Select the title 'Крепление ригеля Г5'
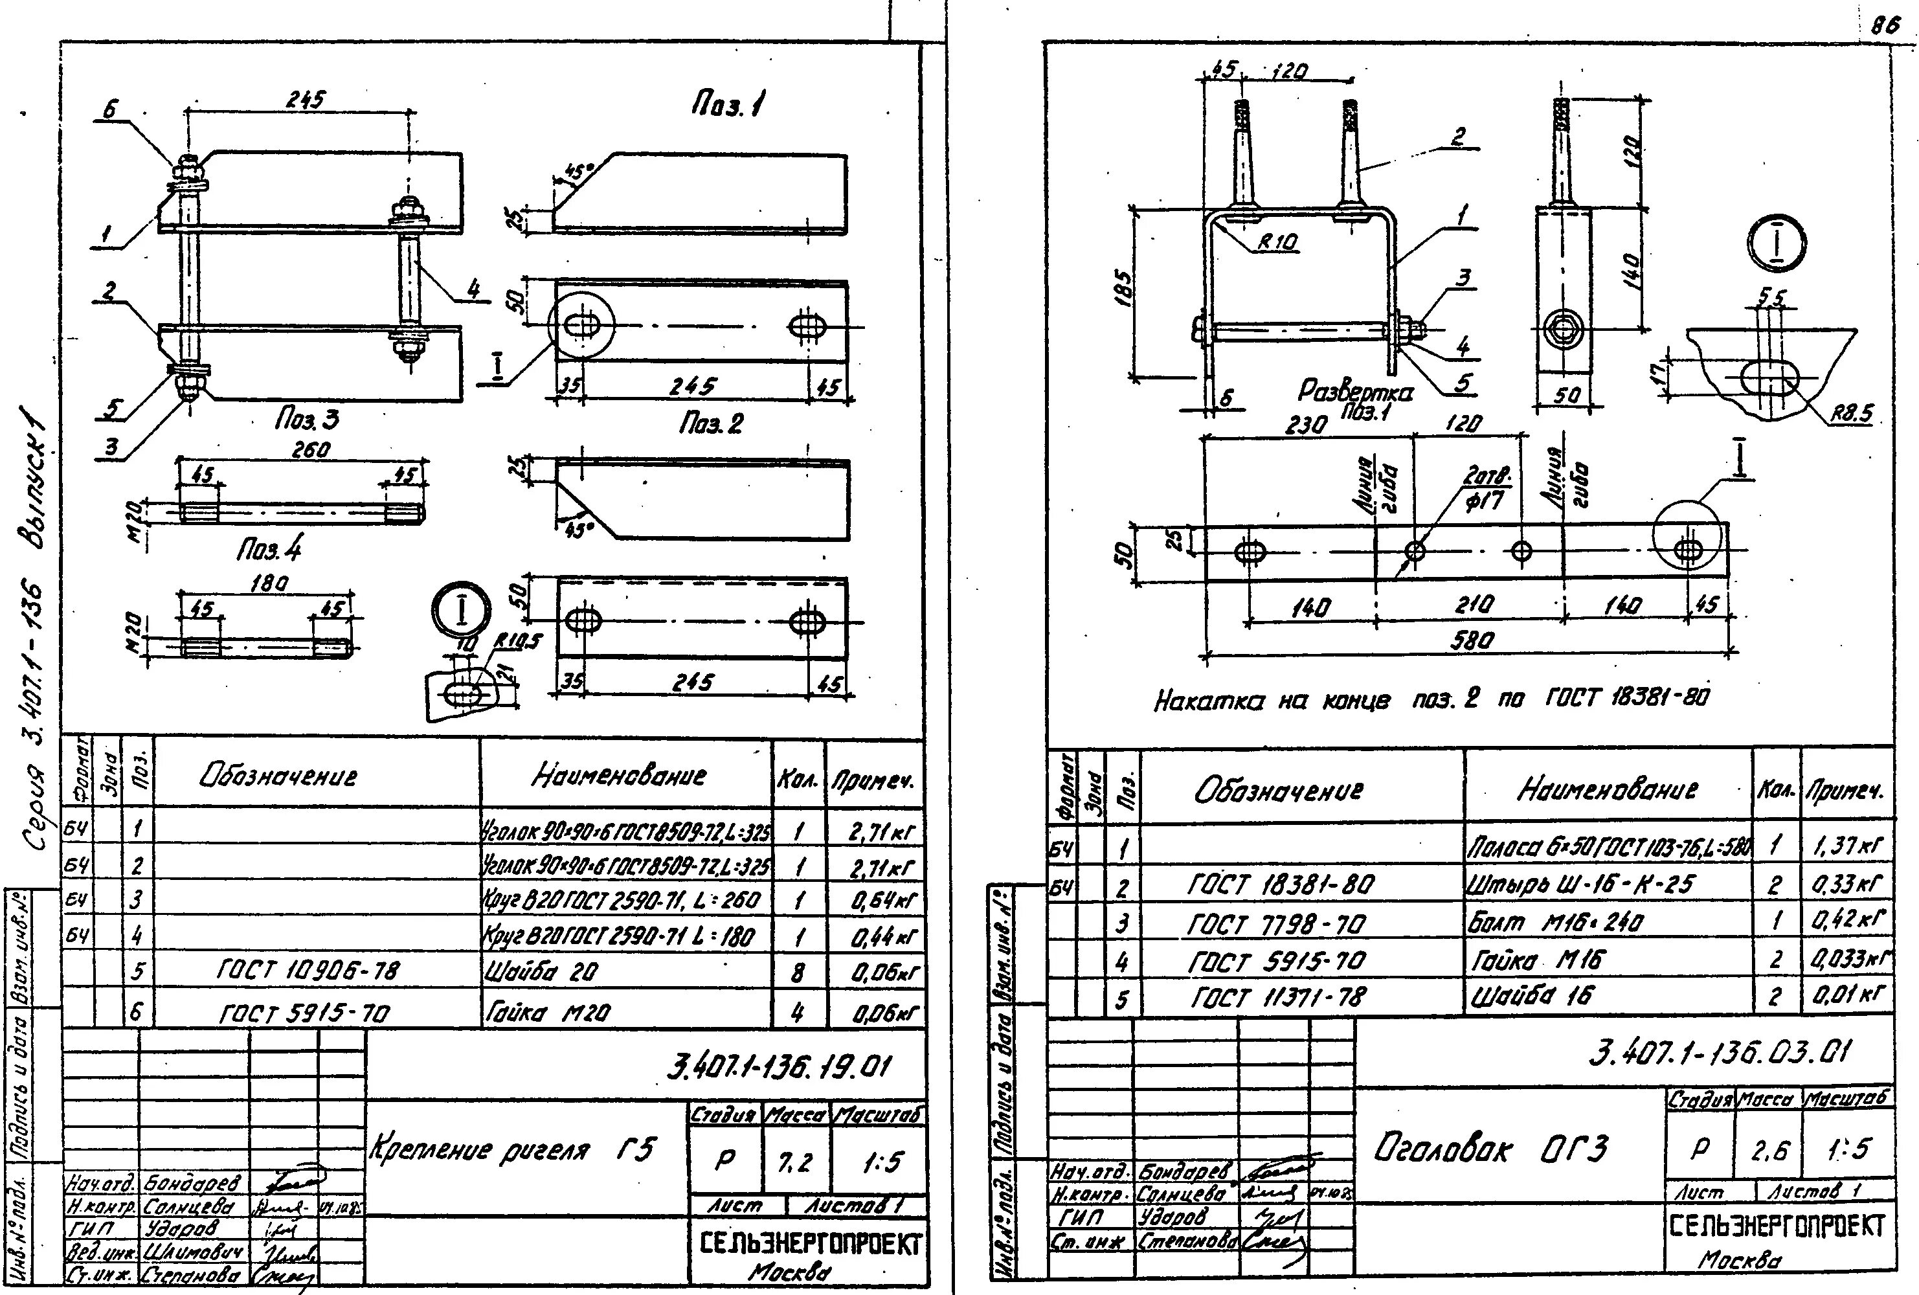point(513,1149)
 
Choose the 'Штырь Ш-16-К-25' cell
point(1580,884)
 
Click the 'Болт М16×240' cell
point(1556,921)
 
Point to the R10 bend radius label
point(1278,242)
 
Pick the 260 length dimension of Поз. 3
point(311,449)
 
